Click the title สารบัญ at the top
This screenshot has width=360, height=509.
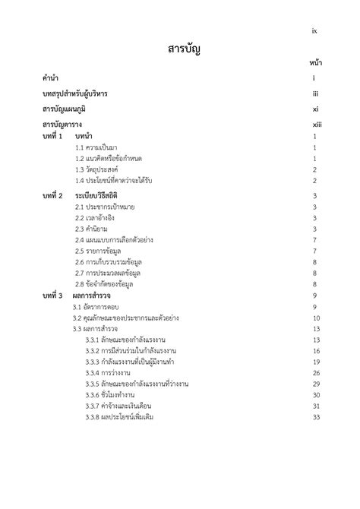[x=183, y=50]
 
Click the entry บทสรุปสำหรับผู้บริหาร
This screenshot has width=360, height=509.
[x=75, y=93]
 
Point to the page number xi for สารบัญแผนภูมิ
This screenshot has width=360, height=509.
[x=315, y=109]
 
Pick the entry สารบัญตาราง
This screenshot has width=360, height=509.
[x=62, y=124]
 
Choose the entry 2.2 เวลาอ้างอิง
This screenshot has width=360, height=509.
[x=95, y=218]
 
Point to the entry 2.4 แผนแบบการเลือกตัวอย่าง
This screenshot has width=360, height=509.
[x=114, y=240]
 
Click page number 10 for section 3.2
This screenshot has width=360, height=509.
[x=315, y=318]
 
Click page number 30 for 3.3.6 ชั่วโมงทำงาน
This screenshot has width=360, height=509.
[x=315, y=395]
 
